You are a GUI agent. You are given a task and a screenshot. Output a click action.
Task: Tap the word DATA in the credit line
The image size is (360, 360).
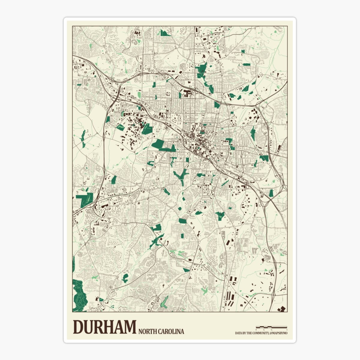pyautogui.click(x=239, y=333)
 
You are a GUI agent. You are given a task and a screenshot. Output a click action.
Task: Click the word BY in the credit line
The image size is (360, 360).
pyautogui.click(x=245, y=333)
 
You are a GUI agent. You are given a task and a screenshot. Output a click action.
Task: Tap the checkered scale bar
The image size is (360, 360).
pyautogui.click(x=271, y=327)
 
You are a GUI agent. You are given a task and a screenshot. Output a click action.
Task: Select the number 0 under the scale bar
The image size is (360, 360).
pyautogui.click(x=256, y=330)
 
